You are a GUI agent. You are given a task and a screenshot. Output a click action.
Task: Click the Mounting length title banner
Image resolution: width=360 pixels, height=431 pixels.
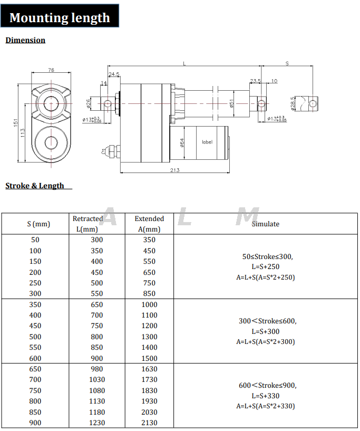60,17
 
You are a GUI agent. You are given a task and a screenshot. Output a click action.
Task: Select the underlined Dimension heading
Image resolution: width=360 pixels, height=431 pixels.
25,40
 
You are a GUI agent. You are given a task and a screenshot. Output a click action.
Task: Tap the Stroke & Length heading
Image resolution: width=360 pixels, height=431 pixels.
35,186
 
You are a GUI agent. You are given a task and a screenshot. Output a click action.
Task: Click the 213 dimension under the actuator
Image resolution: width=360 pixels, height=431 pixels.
175,170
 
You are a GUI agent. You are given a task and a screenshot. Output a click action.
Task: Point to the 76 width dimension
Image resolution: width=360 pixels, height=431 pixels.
51,70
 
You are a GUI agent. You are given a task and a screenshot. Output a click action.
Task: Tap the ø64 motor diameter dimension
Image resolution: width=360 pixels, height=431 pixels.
182,142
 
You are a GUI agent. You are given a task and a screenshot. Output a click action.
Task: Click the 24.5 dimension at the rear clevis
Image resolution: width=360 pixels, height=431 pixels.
114,74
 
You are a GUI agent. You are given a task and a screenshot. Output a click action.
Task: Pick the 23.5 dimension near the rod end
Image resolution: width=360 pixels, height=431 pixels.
256,81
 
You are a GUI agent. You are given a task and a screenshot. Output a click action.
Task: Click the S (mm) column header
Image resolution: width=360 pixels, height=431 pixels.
38,224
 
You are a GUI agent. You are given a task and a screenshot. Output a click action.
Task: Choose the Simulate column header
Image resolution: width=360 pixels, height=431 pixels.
265,224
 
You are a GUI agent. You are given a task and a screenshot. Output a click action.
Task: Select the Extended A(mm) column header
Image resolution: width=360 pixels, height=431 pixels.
149,224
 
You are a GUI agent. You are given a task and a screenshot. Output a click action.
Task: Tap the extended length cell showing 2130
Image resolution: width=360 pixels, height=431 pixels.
149,423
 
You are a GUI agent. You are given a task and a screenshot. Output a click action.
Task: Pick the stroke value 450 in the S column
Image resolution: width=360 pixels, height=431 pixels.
35,325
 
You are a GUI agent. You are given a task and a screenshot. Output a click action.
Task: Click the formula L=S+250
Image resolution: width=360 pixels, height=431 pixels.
265,267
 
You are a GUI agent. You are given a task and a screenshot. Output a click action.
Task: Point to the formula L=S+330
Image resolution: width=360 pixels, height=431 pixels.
265,396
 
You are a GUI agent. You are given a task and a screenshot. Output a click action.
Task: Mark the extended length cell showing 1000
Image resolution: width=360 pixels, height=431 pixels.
149,304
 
